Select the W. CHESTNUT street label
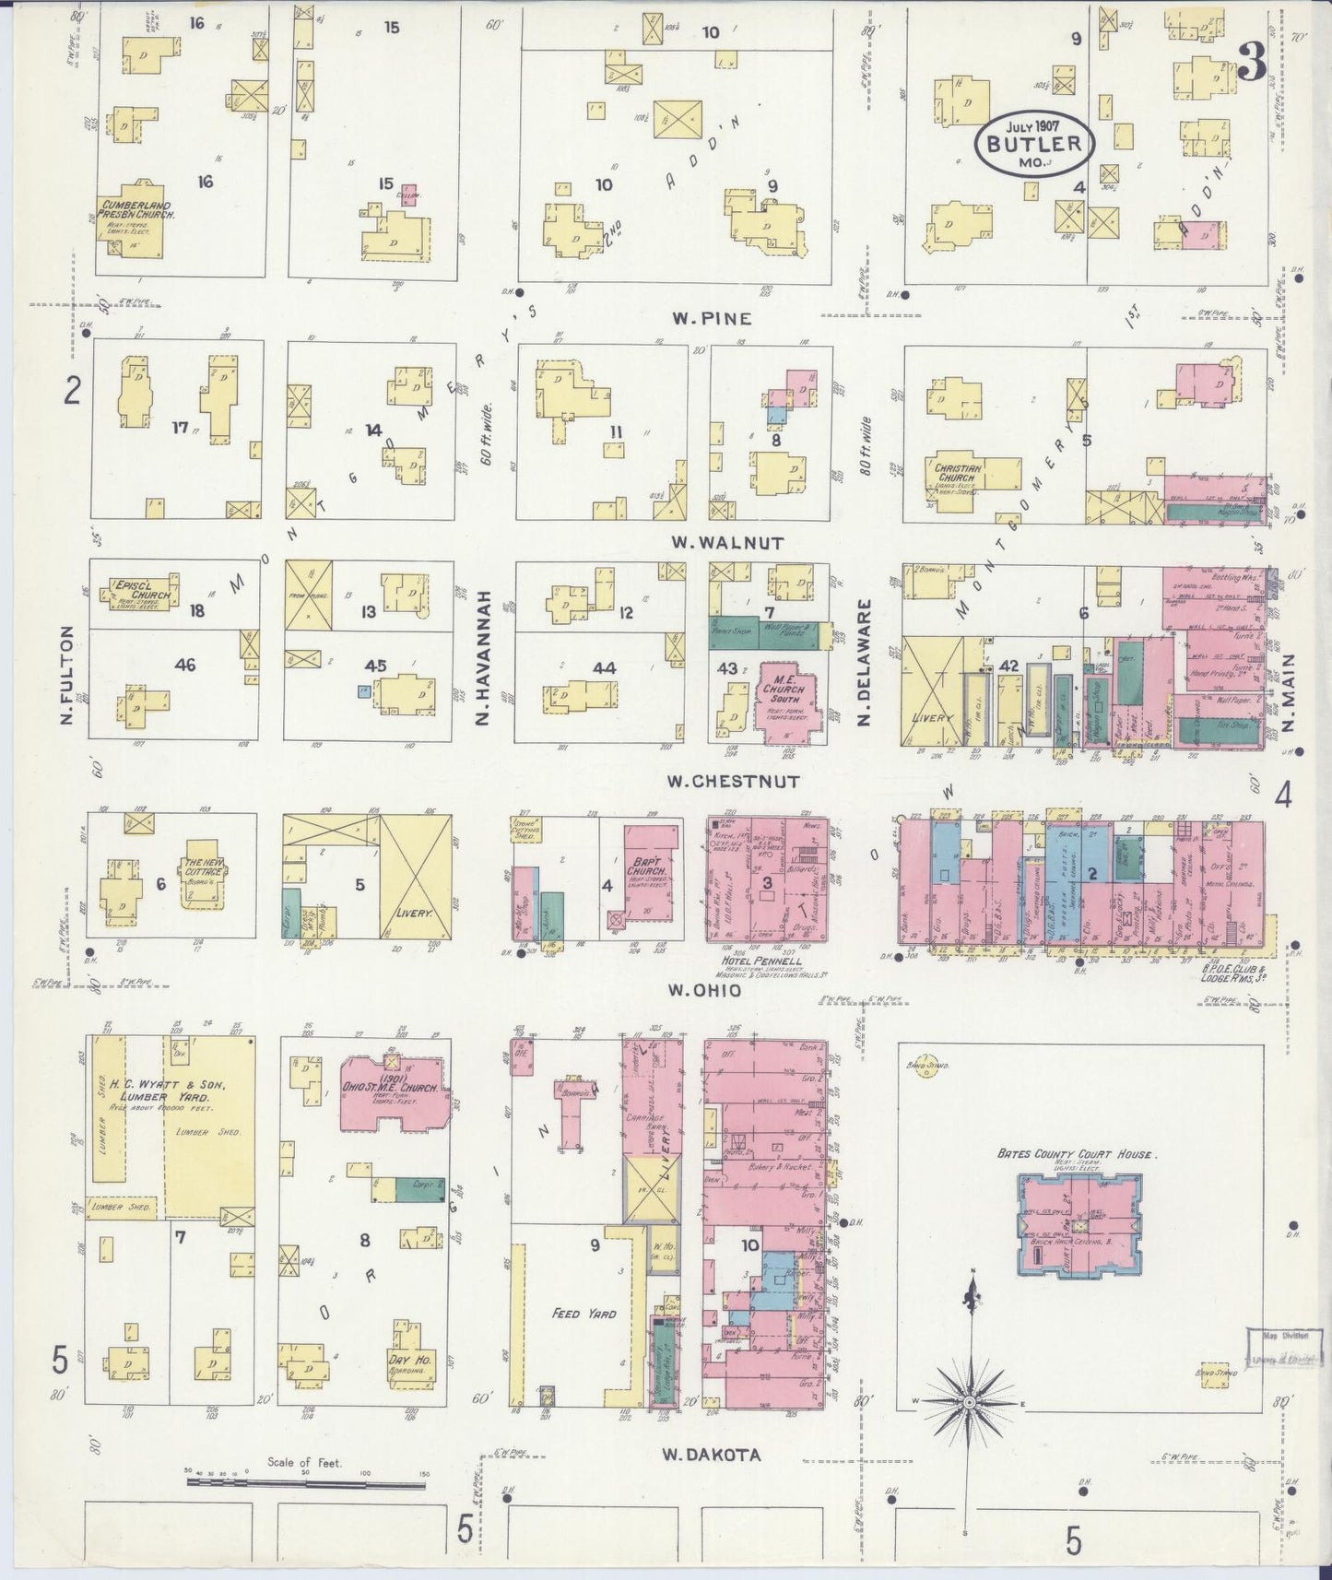click(733, 782)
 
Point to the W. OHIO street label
click(704, 991)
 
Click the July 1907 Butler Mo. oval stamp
click(1033, 143)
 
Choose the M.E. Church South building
click(787, 701)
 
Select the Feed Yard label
click(583, 1313)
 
